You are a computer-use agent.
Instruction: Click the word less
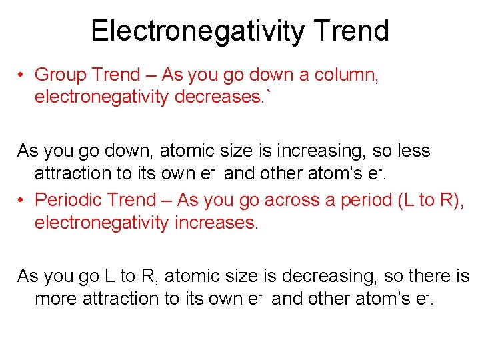413,151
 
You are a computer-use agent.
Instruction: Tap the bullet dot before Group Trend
22,75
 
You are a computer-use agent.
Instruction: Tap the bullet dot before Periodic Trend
22,199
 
